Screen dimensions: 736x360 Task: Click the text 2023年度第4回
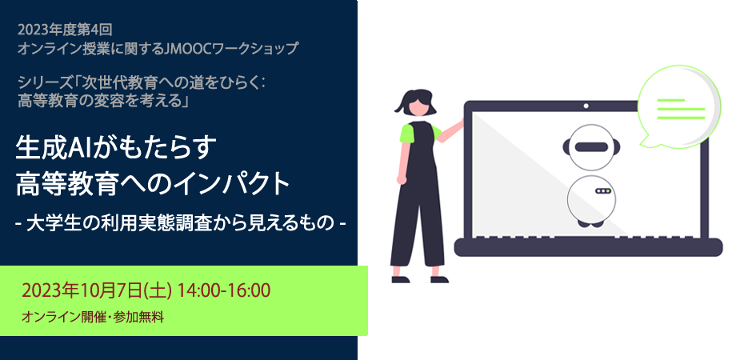65,30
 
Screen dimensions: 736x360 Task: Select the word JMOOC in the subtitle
189,48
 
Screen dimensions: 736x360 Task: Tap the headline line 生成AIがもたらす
117,147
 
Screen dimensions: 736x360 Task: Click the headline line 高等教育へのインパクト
153,184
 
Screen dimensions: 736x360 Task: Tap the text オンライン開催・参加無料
93,318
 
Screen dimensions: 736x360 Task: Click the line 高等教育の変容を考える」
103,100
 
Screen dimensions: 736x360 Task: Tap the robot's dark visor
591,147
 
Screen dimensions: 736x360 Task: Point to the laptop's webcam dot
586,106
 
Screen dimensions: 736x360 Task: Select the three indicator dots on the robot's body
603,191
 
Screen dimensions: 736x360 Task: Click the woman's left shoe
400,279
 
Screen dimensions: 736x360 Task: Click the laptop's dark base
588,247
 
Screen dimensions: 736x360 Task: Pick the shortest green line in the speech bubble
670,100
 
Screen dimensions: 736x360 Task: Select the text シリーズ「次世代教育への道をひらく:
142,83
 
